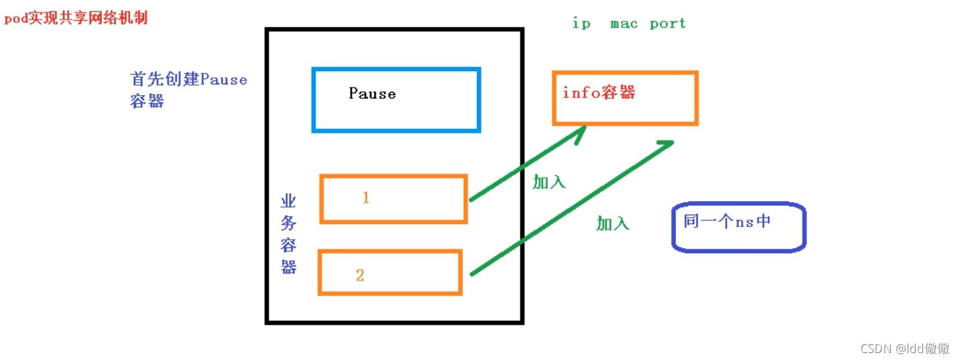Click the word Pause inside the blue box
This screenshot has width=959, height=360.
(x=372, y=94)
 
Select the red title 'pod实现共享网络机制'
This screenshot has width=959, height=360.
(x=76, y=18)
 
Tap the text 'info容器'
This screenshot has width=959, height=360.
(x=598, y=93)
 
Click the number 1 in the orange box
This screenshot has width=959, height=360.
(x=366, y=198)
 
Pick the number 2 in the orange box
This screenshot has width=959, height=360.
(x=359, y=275)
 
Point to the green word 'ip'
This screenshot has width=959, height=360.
(x=581, y=24)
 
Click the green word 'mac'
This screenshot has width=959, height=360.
(x=624, y=24)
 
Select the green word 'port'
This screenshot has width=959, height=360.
(x=668, y=24)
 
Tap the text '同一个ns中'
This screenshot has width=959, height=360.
(x=727, y=222)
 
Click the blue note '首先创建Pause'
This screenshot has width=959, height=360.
(x=188, y=80)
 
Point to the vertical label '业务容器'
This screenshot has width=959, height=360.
(x=288, y=234)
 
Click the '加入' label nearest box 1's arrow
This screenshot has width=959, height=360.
(x=549, y=183)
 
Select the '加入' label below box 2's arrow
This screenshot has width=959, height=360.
(x=612, y=223)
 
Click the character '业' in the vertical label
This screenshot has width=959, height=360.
(x=288, y=202)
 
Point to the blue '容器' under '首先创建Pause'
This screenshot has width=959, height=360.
(x=147, y=101)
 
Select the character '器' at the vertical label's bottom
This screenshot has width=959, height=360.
(x=288, y=267)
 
